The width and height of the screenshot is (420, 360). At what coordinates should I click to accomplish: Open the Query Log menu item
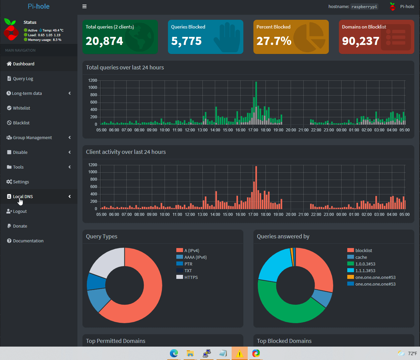pos(23,79)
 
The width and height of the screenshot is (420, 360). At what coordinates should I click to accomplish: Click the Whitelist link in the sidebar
pos(21,108)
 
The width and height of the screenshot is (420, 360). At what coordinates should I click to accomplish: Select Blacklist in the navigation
pos(21,123)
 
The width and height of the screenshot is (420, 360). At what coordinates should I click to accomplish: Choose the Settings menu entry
pos(21,182)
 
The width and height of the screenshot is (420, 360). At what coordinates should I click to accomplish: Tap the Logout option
pos(20,212)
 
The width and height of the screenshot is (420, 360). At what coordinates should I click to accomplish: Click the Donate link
pos(20,226)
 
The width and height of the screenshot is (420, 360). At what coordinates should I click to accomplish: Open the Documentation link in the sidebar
pos(28,241)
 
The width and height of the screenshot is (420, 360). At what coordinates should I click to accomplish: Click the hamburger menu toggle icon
pos(84,6)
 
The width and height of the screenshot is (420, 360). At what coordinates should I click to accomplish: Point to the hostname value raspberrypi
pos(364,7)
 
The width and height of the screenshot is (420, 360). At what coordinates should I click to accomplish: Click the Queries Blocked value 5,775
pos(186,41)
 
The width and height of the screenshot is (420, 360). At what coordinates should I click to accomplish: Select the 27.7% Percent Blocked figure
pos(274,41)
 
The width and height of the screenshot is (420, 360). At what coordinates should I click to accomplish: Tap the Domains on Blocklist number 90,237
pos(361,41)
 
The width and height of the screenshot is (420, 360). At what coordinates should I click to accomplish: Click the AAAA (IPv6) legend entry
pos(195,257)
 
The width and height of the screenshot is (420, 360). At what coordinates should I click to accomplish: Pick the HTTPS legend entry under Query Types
pos(191,278)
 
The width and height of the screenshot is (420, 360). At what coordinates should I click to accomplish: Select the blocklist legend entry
pos(364,251)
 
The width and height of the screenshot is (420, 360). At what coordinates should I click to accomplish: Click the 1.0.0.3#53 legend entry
pos(365,264)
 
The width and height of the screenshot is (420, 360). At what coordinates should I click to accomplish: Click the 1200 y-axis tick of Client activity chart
pos(93,165)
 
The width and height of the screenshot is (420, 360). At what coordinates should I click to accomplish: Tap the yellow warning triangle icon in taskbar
pos(239,354)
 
